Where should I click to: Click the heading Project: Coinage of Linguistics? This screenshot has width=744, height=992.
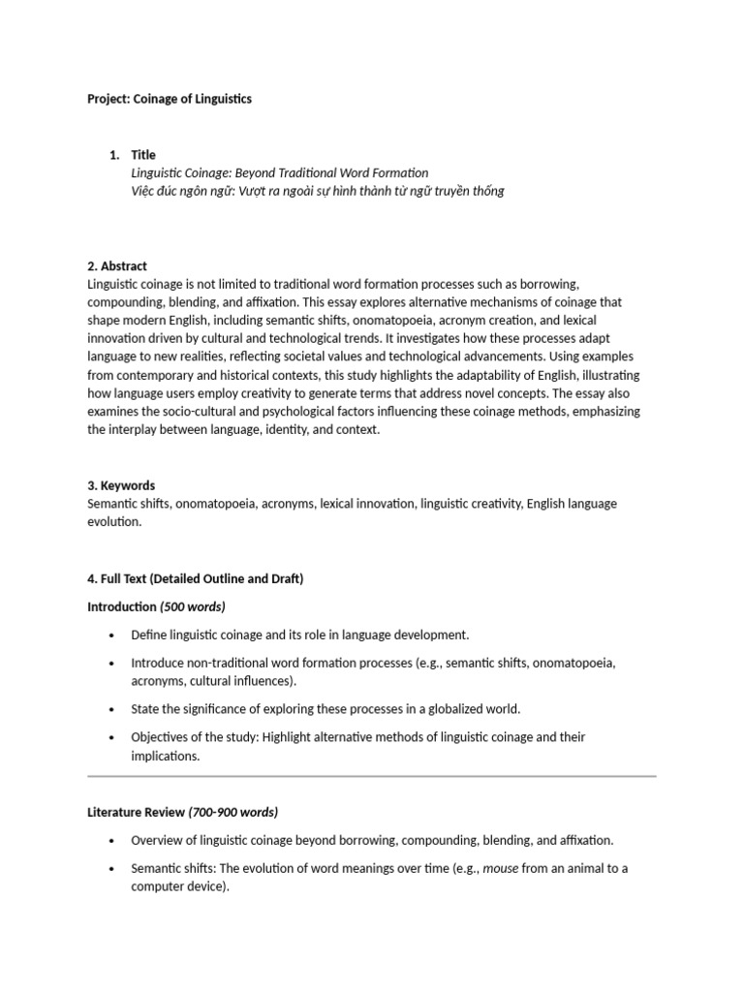coord(170,99)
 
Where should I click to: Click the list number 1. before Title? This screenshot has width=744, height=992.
coord(114,155)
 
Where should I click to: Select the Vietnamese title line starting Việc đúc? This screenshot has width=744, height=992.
coord(318,191)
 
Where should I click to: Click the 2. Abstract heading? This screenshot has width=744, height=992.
coord(117,265)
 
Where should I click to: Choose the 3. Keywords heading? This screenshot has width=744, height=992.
coord(121,485)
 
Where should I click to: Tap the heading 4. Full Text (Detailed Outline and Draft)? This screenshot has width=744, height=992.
coord(195,578)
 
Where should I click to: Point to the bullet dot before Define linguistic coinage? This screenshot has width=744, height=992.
coord(111,635)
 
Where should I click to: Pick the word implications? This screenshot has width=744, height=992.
coord(164,756)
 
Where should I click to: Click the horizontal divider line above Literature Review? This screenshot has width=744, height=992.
coord(371,776)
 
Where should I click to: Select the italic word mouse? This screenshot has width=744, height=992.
coord(501,868)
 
